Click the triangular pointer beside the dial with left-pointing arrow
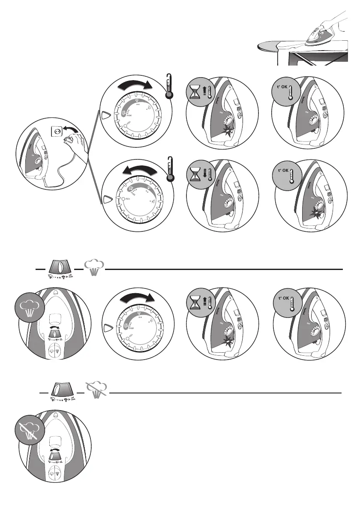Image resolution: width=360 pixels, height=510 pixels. coord(106,199)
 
